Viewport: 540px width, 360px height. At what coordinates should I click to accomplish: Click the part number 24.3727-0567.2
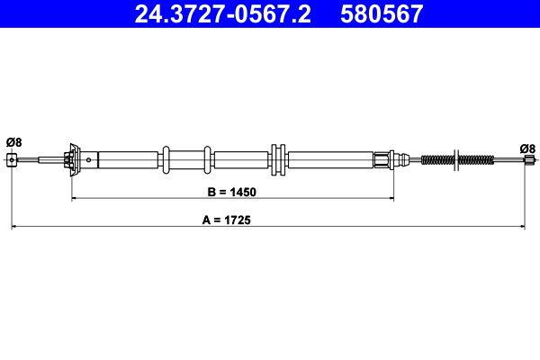223,13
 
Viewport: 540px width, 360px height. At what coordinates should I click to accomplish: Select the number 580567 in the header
382,13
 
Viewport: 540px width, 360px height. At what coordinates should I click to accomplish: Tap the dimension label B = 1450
232,192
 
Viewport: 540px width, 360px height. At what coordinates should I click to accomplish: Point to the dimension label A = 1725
227,220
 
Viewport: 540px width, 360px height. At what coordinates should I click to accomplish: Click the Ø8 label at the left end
13,142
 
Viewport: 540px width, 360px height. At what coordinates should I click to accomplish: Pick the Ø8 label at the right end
527,148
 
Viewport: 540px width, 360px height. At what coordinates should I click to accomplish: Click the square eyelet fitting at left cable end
12,160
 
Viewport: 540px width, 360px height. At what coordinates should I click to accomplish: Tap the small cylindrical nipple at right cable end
529,160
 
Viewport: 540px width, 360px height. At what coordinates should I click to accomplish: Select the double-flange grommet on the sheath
278,160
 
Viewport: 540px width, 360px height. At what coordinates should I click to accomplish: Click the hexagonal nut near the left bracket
67,160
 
